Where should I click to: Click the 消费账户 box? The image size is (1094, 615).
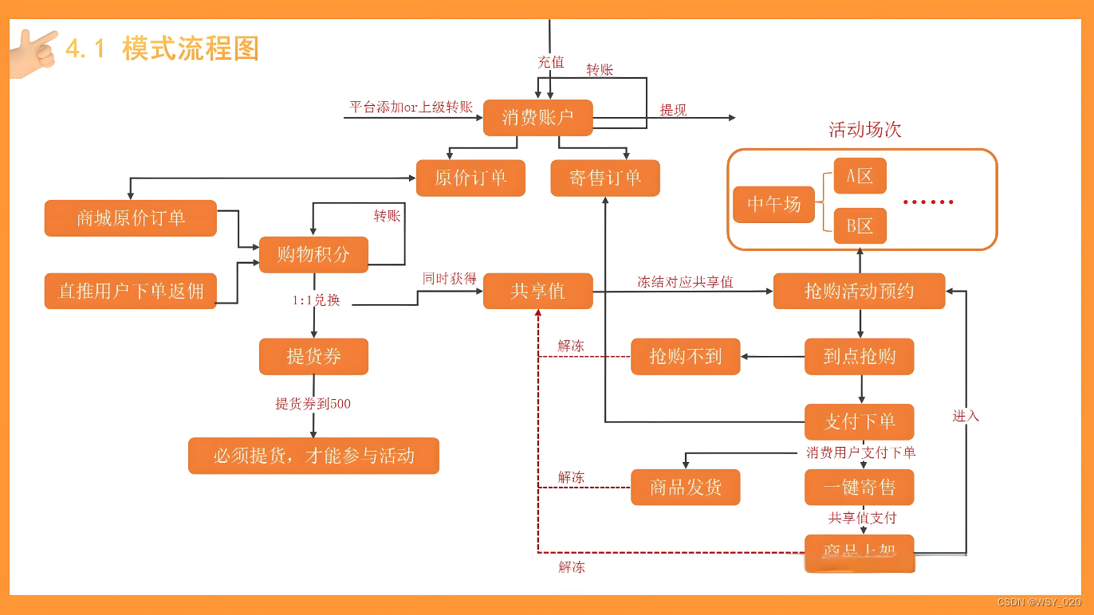click(538, 118)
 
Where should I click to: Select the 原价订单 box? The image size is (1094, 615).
click(470, 178)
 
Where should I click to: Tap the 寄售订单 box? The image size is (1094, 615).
click(605, 178)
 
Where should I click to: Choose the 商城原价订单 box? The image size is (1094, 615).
click(130, 218)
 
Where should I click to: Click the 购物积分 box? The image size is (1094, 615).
click(313, 255)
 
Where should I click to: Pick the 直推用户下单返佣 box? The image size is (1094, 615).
click(130, 291)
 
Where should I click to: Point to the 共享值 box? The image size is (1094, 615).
click(538, 291)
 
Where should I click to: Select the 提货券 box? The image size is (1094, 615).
click(313, 356)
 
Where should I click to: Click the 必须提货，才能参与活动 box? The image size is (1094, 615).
click(313, 456)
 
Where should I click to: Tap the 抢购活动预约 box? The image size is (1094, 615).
click(859, 291)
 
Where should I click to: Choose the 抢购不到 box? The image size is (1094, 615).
click(685, 356)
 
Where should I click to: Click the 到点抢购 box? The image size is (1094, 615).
click(859, 356)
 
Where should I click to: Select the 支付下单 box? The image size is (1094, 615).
click(859, 421)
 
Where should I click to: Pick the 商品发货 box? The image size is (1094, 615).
click(685, 487)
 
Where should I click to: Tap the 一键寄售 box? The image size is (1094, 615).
click(859, 487)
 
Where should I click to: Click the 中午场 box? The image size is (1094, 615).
click(773, 205)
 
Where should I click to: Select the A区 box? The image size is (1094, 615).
click(860, 176)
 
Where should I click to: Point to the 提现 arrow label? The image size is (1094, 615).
click(673, 110)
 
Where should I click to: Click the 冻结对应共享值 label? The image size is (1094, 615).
click(685, 281)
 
